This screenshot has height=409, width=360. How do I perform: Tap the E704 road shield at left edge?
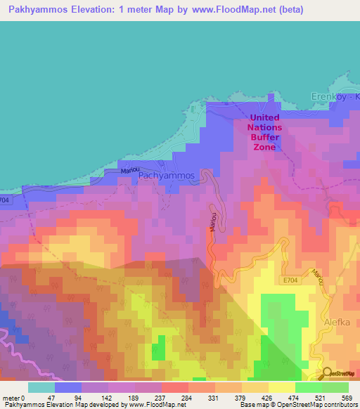click(5, 200)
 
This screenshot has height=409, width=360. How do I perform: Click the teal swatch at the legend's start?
click(41, 387)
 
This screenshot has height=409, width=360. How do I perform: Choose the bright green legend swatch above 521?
click(308, 387)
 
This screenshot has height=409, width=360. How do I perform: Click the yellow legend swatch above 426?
click(282, 387)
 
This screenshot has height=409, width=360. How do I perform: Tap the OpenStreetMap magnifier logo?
click(327, 372)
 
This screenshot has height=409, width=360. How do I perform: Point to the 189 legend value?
click(133, 397)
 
